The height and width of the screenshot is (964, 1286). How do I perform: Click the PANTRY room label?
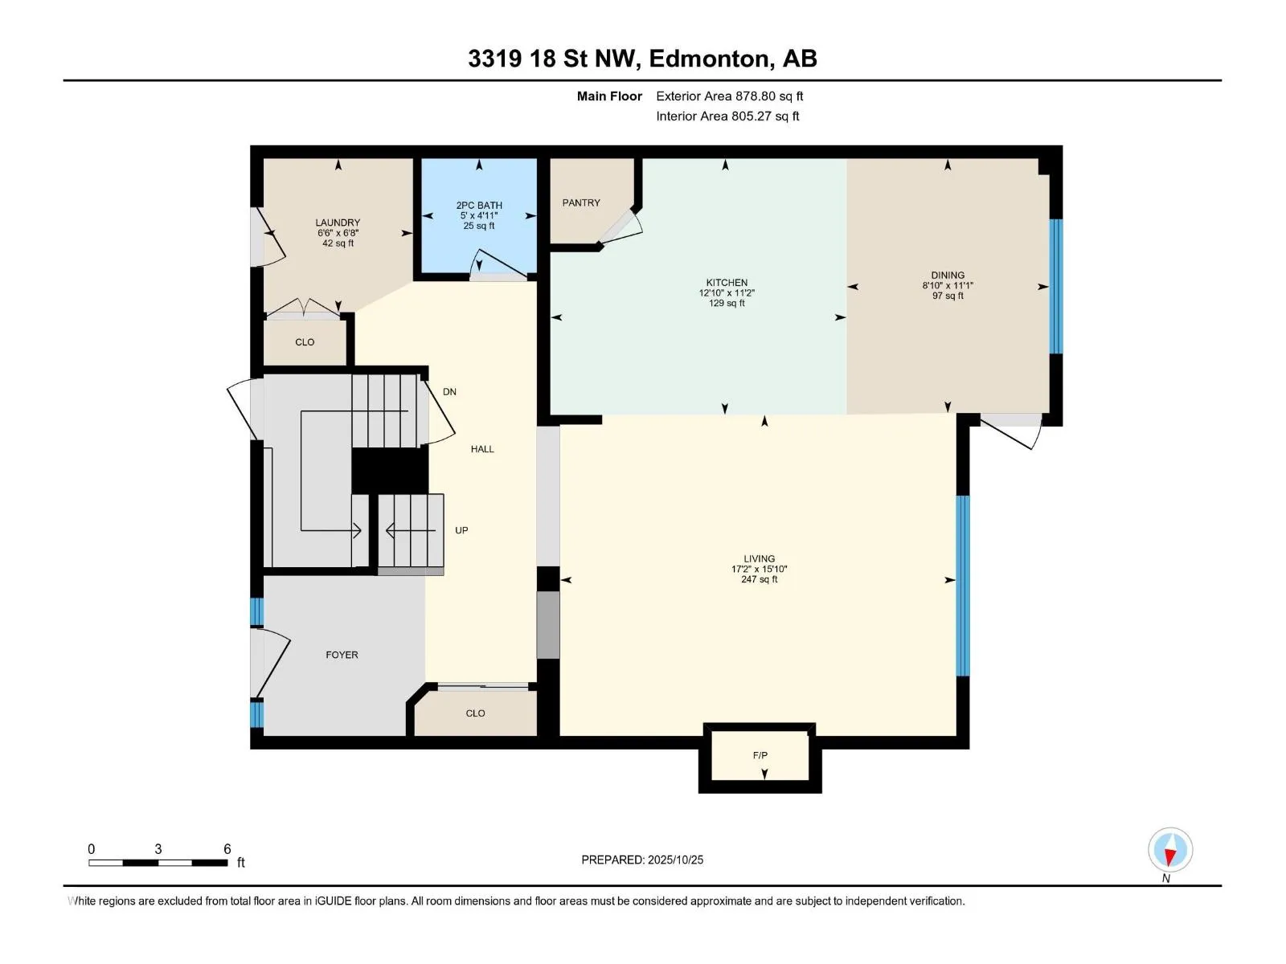[x=580, y=202]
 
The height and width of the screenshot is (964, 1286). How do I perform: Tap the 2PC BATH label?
[x=479, y=206]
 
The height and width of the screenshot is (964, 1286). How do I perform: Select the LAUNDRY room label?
[x=338, y=223]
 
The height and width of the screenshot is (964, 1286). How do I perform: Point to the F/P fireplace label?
[x=760, y=755]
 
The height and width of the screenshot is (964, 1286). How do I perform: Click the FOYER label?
[x=342, y=655]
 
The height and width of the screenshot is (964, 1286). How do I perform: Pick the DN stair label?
[x=449, y=391]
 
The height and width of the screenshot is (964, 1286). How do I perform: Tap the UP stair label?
[x=461, y=530]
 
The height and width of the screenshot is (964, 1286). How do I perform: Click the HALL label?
[x=482, y=449]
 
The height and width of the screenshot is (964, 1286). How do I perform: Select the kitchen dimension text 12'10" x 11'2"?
[x=727, y=292]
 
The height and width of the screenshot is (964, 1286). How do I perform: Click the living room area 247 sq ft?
[x=759, y=579]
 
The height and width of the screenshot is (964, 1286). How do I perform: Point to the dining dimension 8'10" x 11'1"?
[x=948, y=286]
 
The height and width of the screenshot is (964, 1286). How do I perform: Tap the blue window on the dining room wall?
[x=1055, y=286]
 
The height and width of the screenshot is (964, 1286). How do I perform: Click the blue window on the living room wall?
[x=963, y=586]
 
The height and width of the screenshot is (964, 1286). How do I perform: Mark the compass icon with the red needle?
[x=1169, y=849]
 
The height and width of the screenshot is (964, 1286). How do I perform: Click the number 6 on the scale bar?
[x=227, y=848]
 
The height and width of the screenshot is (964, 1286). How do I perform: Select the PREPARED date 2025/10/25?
[x=675, y=860]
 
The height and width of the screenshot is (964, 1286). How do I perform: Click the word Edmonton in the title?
[x=709, y=59]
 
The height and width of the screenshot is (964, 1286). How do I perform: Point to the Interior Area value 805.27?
[x=752, y=116]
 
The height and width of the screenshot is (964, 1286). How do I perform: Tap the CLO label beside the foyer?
[x=475, y=713]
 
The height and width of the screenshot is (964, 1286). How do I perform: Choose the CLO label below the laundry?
[x=305, y=342]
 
